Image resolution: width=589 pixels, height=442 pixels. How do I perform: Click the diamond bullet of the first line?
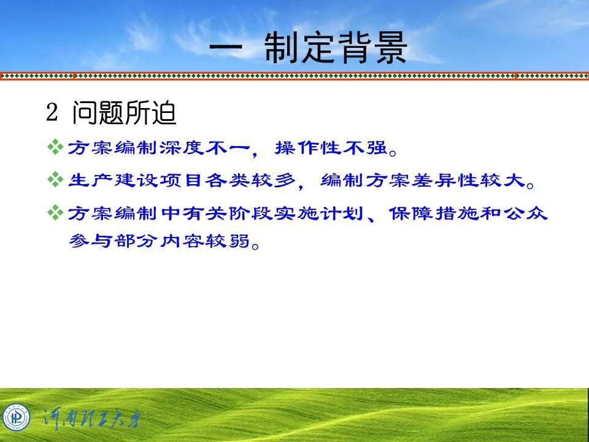(x=55, y=147)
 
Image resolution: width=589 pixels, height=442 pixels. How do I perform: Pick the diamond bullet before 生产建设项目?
(x=55, y=180)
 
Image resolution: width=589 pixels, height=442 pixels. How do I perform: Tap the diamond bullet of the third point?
(x=55, y=213)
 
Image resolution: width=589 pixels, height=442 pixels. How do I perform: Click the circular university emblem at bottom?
(x=16, y=418)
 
